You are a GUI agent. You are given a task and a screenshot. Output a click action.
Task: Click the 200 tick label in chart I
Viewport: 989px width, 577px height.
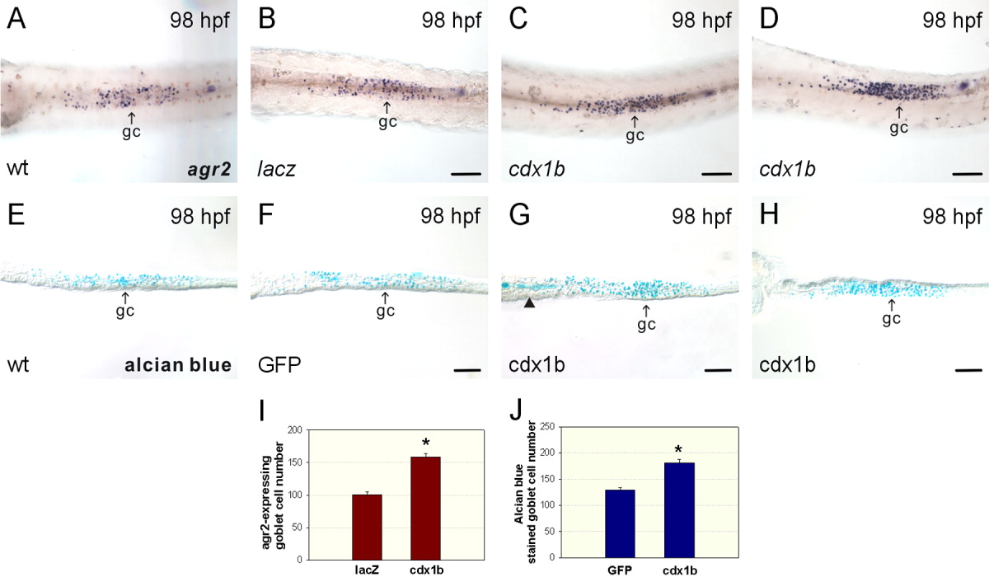290,430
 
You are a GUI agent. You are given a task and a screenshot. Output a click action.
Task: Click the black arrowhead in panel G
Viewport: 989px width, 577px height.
528,304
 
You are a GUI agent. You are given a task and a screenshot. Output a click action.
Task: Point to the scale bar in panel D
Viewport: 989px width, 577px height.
968,174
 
